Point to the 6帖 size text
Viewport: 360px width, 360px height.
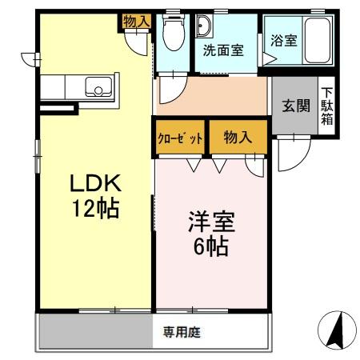pyautogui.click(x=207, y=245)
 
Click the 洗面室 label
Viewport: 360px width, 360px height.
pyautogui.click(x=222, y=50)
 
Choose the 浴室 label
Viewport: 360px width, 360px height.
pyautogui.click(x=284, y=41)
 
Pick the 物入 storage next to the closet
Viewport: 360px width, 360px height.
pyautogui.click(x=238, y=138)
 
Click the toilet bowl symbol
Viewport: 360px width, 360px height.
pyautogui.click(x=170, y=33)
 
